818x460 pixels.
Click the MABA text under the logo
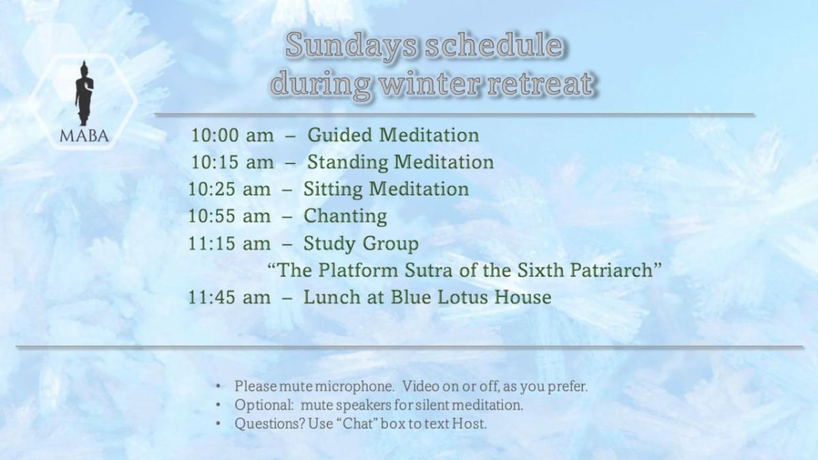tap(84, 136)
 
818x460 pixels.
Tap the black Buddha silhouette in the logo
tap(85, 93)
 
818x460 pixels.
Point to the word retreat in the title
tap(540, 84)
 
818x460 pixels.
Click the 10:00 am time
tap(232, 135)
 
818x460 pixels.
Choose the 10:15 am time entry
tap(232, 162)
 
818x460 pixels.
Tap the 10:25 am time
tap(229, 189)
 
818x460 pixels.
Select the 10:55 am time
tap(229, 216)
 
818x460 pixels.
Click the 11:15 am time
tap(229, 243)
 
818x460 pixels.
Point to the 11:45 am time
tap(229, 297)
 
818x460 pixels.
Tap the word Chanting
tap(345, 217)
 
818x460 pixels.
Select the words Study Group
tap(361, 244)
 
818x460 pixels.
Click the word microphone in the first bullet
tap(354, 386)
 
